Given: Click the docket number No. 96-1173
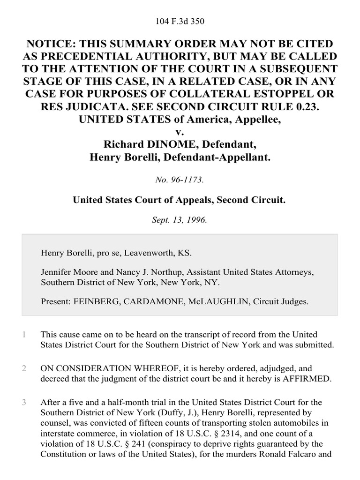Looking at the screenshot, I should pyautogui.click(x=180, y=179).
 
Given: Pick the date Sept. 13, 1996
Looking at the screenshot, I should pyautogui.click(x=180, y=219).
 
